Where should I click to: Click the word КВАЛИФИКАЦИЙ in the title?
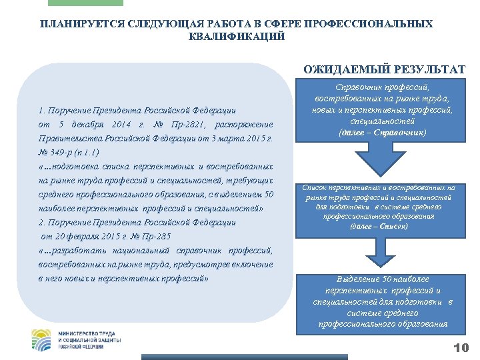[237, 36]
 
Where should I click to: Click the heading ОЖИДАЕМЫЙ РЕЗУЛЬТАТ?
[384, 69]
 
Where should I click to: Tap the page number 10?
[461, 347]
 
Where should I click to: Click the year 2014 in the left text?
[121, 125]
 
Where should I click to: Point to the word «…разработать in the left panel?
[73, 251]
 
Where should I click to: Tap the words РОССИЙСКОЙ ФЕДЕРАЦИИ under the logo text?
[81, 347]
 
